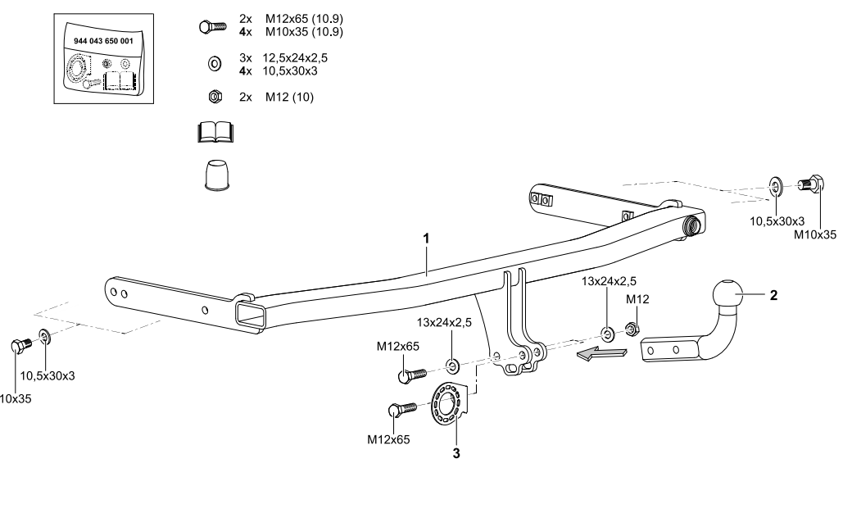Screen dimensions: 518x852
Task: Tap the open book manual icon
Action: (x=216, y=132)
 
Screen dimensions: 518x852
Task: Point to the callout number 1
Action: (x=426, y=238)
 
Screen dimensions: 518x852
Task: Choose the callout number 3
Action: (x=457, y=452)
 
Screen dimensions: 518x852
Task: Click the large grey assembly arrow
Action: (x=601, y=353)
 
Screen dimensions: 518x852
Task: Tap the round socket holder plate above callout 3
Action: (x=447, y=403)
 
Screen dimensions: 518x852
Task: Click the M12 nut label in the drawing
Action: (x=637, y=299)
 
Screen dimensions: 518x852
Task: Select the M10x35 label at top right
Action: (x=815, y=234)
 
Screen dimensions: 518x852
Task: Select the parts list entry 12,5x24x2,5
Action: (x=301, y=59)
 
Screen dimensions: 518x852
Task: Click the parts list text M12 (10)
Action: (x=289, y=97)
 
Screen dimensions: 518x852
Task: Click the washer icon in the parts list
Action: (x=213, y=62)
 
